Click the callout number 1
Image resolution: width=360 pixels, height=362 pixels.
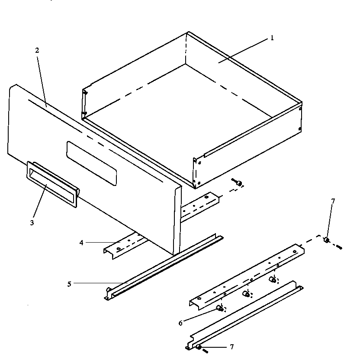coord(272,38)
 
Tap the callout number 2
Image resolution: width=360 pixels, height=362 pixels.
coord(37,50)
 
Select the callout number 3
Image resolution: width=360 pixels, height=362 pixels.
coord(32,223)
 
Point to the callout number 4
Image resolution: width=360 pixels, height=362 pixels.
coord(81,243)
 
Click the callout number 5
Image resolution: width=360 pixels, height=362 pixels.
coord(69,284)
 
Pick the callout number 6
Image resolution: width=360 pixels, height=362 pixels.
coord(180,322)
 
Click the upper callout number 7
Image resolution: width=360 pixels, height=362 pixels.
coord(333,201)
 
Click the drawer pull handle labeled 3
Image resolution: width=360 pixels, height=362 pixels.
coord(52,184)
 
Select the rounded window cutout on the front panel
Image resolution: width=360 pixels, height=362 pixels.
coord(91,163)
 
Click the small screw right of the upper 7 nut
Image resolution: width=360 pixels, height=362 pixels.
coord(339,247)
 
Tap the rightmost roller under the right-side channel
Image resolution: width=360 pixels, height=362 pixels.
coord(273,279)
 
